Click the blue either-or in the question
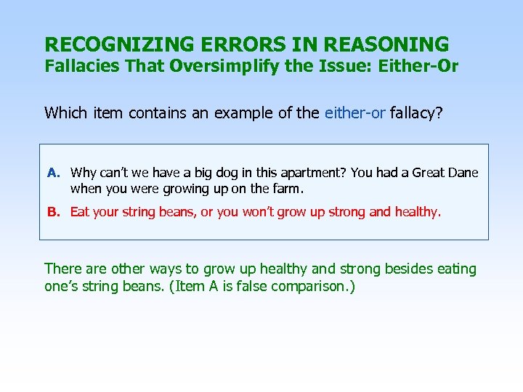355,113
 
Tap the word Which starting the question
65,113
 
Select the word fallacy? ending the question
418,113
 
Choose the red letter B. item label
54,212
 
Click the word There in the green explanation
63,269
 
